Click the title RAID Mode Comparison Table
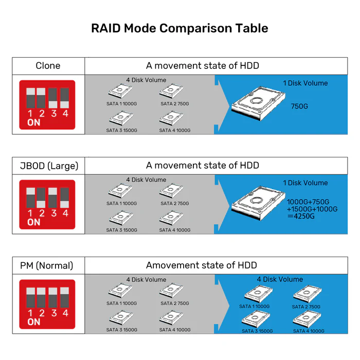pyautogui.click(x=179, y=28)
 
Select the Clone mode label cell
pyautogui.click(x=48, y=65)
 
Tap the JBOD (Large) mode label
pyautogui.click(x=48, y=166)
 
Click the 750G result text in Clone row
pyautogui.click(x=300, y=106)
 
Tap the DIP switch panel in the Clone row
pyautogui.click(x=47, y=104)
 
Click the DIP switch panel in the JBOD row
pyautogui.click(x=47, y=204)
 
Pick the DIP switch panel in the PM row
pyautogui.click(x=47, y=304)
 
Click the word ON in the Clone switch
pyautogui.click(x=33, y=123)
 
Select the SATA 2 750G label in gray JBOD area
pyautogui.click(x=174, y=203)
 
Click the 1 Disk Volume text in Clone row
pyautogui.click(x=305, y=83)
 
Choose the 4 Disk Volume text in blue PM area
pyautogui.click(x=280, y=279)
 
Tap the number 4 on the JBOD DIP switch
pyautogui.click(x=65, y=213)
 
